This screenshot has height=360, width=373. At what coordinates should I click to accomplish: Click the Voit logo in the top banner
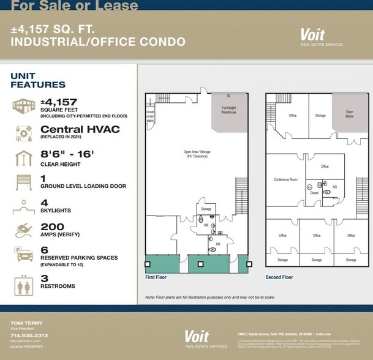pos(312,35)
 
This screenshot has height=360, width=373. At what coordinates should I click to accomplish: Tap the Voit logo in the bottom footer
pos(197,336)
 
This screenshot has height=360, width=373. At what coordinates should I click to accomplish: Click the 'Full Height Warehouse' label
pos(228,110)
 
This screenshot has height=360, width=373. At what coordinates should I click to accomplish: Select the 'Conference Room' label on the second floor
pos(285,179)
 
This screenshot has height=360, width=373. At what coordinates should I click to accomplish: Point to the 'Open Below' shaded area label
pos(349,114)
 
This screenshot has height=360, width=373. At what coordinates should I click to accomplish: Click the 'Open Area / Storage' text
pos(197,153)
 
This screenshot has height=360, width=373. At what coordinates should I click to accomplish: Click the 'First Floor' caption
pos(156,277)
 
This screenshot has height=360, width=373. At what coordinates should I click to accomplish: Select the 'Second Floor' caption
pos(279,277)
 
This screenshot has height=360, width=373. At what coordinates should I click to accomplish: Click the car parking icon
pos(24,254)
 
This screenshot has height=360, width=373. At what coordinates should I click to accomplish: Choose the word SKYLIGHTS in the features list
pos(56,210)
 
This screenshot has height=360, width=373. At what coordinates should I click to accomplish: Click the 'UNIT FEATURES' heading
pos(38,80)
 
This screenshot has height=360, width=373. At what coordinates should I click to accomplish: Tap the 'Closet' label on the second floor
pos(314,192)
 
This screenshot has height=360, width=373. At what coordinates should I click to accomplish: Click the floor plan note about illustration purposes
pos(210,297)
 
